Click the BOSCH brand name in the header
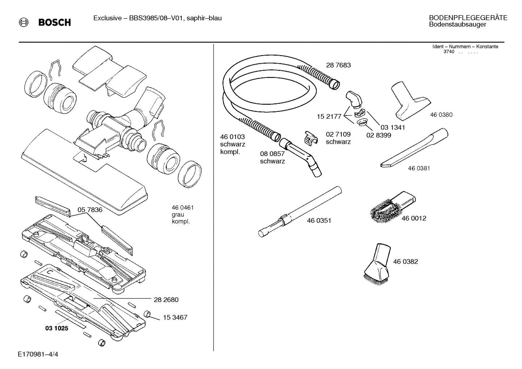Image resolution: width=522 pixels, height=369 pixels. point(54,22)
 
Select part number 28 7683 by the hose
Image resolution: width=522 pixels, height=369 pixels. point(338,65)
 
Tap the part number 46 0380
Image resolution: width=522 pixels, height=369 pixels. point(441,115)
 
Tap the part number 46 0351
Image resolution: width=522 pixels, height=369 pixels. point(319,221)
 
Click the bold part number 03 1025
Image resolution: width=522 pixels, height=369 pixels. point(56,328)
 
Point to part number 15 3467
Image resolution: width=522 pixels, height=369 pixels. point(175,318)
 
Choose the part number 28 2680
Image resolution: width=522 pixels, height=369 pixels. point(166,300)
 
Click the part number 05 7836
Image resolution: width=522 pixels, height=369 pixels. point(90,210)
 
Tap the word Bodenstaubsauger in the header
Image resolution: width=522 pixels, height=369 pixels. point(457,25)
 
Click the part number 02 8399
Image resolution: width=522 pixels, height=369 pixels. point(379,135)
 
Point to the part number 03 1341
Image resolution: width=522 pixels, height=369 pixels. point(392,127)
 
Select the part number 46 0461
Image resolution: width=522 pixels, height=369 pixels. point(183,208)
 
